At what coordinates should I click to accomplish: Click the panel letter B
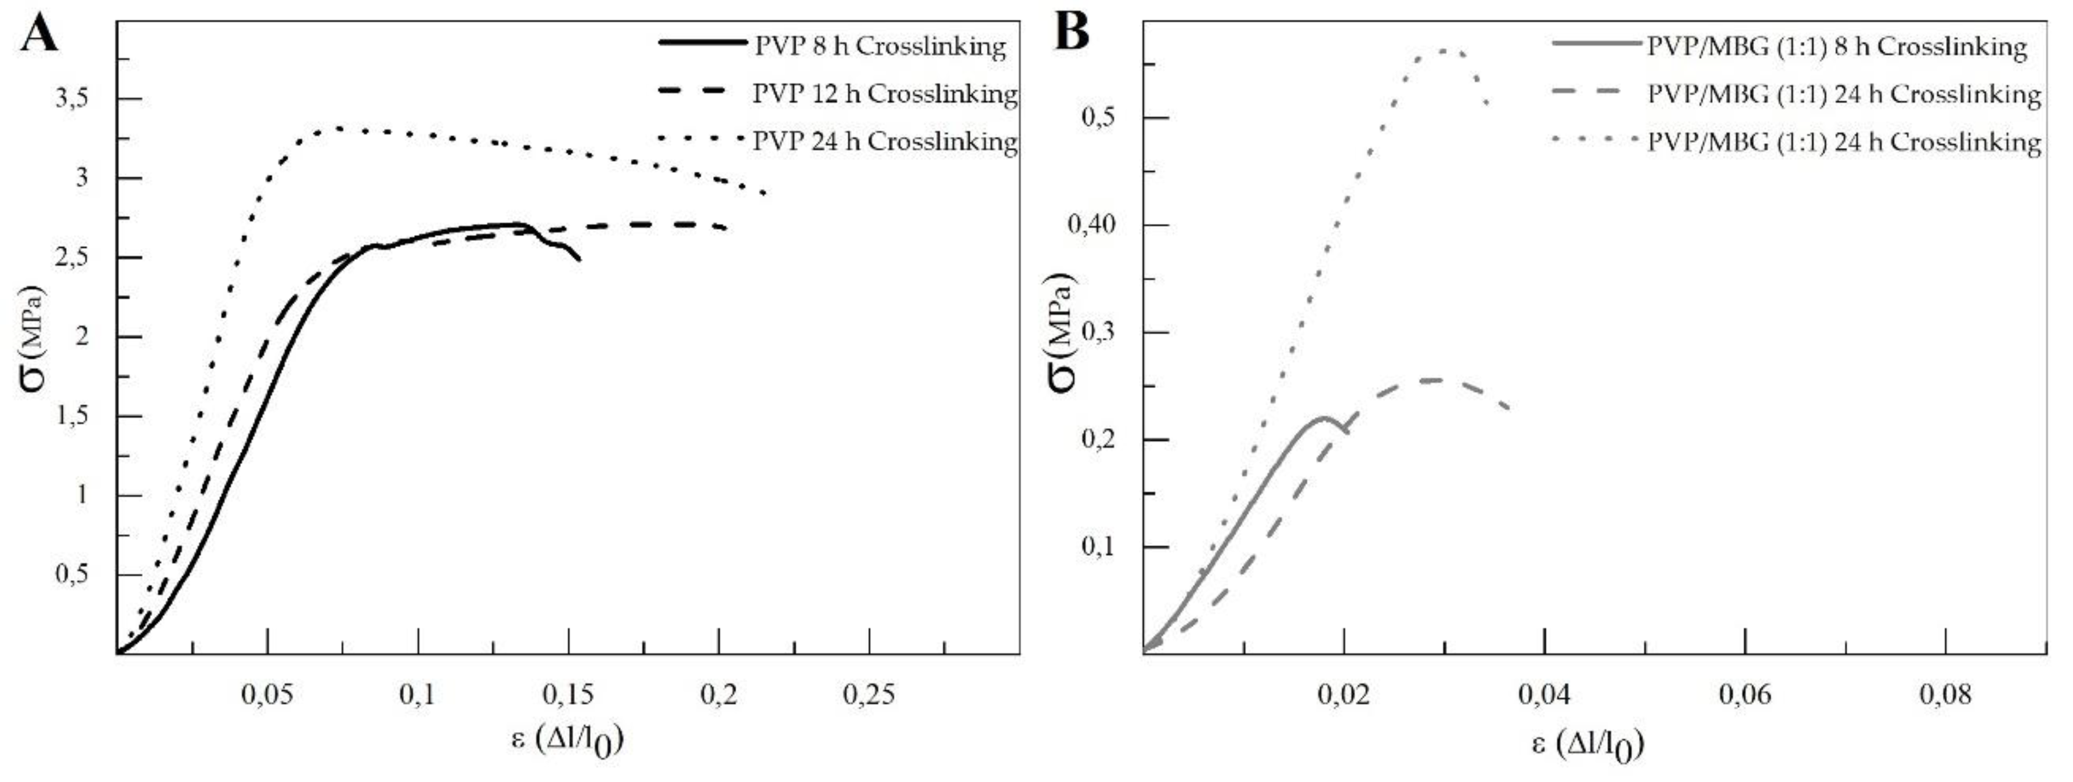(1071, 34)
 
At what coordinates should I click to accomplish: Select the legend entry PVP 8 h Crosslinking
(880, 46)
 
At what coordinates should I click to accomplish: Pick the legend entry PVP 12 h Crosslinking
(884, 93)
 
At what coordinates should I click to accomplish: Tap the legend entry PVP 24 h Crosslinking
(884, 141)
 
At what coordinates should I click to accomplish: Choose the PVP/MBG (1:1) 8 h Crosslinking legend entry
(1836, 46)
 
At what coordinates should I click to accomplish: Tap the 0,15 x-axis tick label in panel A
(568, 693)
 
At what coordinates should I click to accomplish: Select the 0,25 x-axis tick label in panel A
(869, 693)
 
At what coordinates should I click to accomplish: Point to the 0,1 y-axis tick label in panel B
(1101, 547)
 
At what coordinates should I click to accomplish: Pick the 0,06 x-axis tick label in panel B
(1745, 693)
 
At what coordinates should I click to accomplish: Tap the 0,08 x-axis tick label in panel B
(1945, 693)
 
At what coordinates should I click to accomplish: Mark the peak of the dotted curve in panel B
(1445, 50)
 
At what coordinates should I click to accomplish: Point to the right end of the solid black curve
(578, 259)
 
